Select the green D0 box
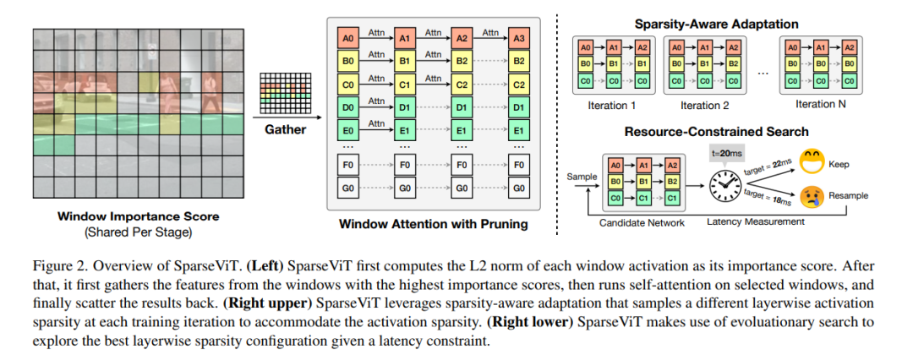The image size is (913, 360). pos(347,108)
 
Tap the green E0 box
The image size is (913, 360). pos(347,130)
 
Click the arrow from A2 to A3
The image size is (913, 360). pos(490,39)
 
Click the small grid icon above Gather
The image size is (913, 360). pos(286,92)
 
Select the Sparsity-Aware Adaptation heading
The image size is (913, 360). pos(716,24)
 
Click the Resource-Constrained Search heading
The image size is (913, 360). pos(716,132)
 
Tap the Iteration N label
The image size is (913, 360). pos(820,104)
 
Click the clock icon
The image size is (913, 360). pos(723,186)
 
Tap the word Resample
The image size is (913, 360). pos(849,196)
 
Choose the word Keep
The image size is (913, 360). pos(839,164)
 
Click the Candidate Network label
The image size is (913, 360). pos(641,221)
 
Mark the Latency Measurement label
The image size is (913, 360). pos(756,221)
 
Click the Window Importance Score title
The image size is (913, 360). pos(139,216)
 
